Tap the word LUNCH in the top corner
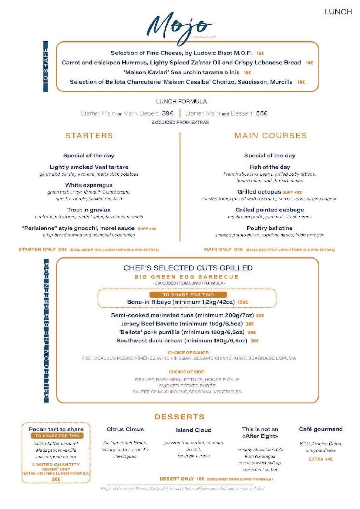[x=338, y=12]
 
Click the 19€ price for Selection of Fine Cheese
[x=260, y=53]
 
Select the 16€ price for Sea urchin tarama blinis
[x=247, y=73]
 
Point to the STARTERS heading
[x=89, y=136]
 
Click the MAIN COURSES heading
[x=270, y=136]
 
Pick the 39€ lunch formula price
[x=168, y=113]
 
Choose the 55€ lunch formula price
[x=262, y=113]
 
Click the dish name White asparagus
[x=89, y=185]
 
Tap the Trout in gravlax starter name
[x=89, y=210]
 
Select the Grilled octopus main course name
[x=259, y=192]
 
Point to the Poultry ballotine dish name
[x=270, y=228]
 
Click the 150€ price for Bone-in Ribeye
[x=243, y=302]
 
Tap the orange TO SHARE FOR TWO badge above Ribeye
[x=188, y=295]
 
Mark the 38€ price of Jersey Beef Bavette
[x=250, y=324]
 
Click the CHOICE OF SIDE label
[x=187, y=372]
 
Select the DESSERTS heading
[x=179, y=417]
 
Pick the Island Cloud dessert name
[x=194, y=430]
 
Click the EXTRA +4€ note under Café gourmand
[x=321, y=459]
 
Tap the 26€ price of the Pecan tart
[x=56, y=479]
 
